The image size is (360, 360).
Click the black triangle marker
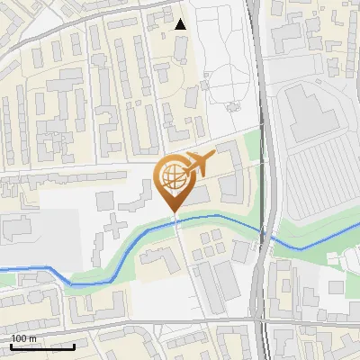181,24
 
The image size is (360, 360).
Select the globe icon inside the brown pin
172,175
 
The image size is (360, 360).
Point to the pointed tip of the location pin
175,211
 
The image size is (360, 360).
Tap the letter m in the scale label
33,337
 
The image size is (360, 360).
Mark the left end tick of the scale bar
10,345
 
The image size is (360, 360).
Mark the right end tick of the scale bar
74,345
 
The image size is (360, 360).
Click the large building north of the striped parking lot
310,112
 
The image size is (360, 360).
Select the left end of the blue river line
2,267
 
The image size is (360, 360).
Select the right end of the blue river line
358,225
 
